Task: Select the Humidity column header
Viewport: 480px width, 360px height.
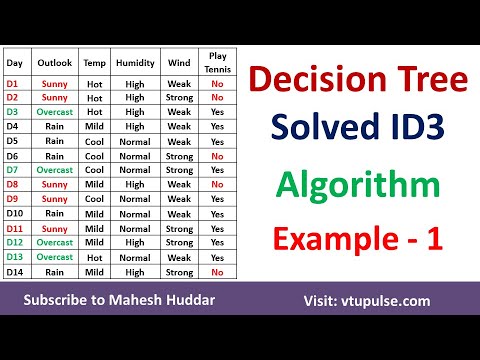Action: pos(135,62)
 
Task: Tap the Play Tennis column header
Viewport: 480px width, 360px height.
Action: pos(217,62)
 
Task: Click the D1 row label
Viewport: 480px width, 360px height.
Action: pos(14,84)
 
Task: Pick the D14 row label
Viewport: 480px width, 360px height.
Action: pos(16,271)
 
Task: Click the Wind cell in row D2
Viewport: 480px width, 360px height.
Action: pos(179,98)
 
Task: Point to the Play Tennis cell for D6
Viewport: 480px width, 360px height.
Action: pos(217,156)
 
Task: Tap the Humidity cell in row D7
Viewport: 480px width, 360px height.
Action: pos(135,170)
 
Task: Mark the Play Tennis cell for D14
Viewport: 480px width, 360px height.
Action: pos(217,271)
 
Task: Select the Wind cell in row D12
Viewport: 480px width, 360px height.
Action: pos(179,242)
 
